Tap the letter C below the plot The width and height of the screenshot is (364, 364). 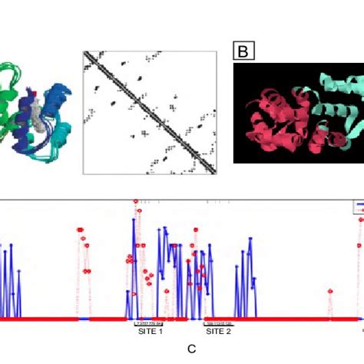click(x=192, y=349)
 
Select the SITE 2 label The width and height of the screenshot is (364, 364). click(x=218, y=331)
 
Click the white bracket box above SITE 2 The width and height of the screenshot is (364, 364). click(x=218, y=323)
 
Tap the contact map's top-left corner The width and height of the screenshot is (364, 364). click(x=84, y=52)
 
